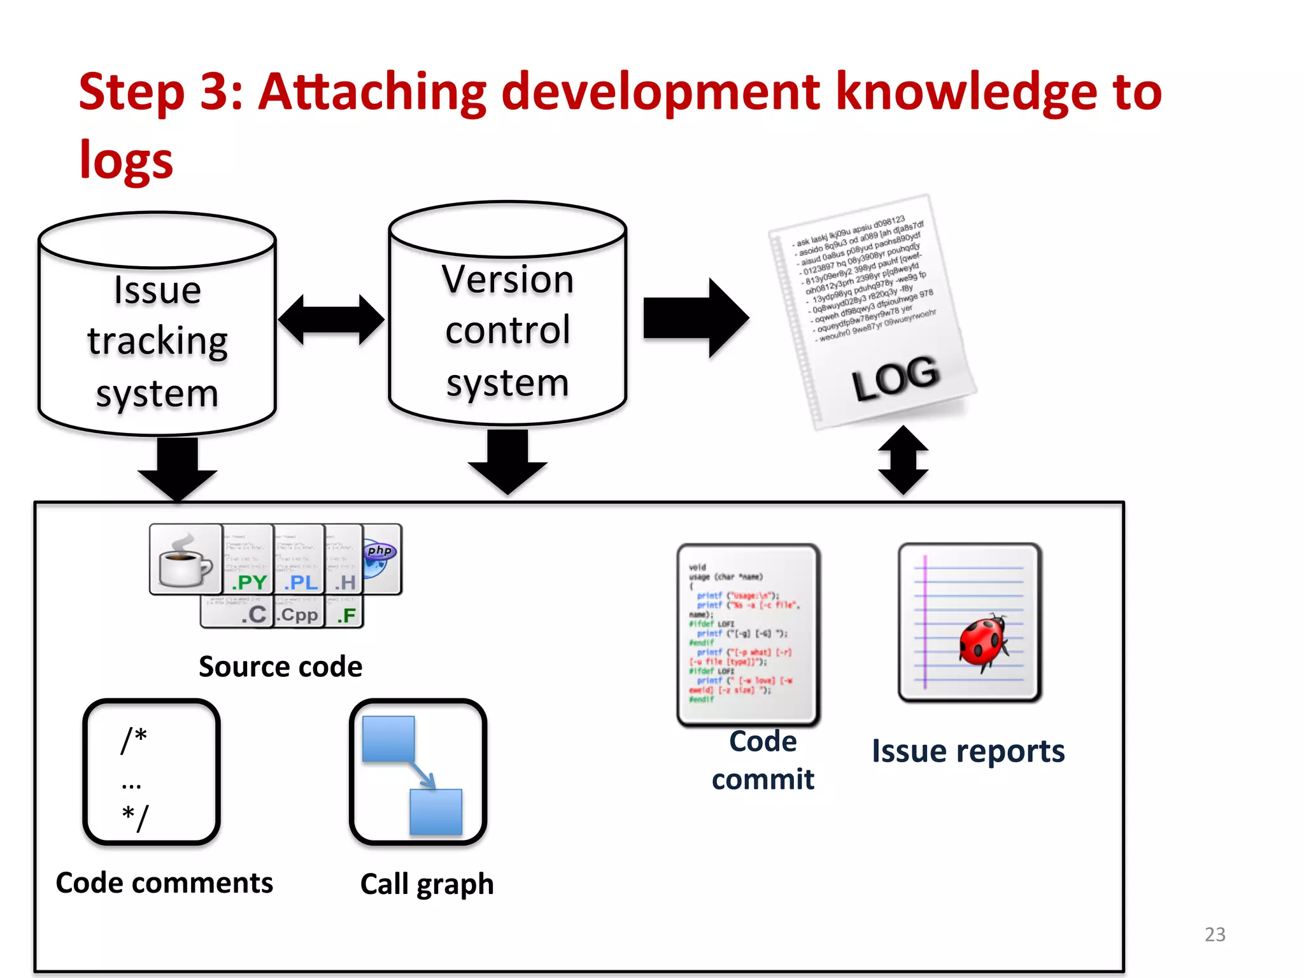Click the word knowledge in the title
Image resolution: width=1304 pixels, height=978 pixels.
967,92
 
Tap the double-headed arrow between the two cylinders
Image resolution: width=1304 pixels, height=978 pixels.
331,320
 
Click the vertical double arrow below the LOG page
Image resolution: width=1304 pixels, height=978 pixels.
902,460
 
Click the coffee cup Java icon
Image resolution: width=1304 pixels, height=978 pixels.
185,560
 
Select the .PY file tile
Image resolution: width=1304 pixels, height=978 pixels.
248,560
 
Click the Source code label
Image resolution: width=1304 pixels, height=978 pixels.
280,667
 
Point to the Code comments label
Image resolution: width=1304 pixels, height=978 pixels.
164,882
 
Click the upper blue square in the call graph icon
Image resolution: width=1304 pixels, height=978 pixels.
388,739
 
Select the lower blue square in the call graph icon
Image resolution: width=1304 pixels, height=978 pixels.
436,812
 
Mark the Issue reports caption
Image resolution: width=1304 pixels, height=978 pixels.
968,751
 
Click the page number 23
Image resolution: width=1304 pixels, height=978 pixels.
1214,934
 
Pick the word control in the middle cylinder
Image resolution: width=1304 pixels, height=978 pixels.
507,330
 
